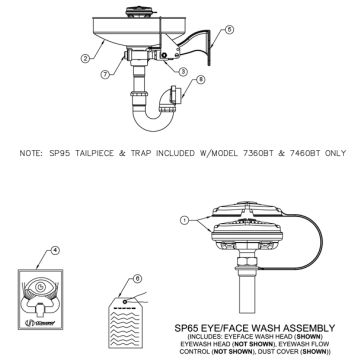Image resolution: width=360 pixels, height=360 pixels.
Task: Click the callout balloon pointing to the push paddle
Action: [x=228, y=30]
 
